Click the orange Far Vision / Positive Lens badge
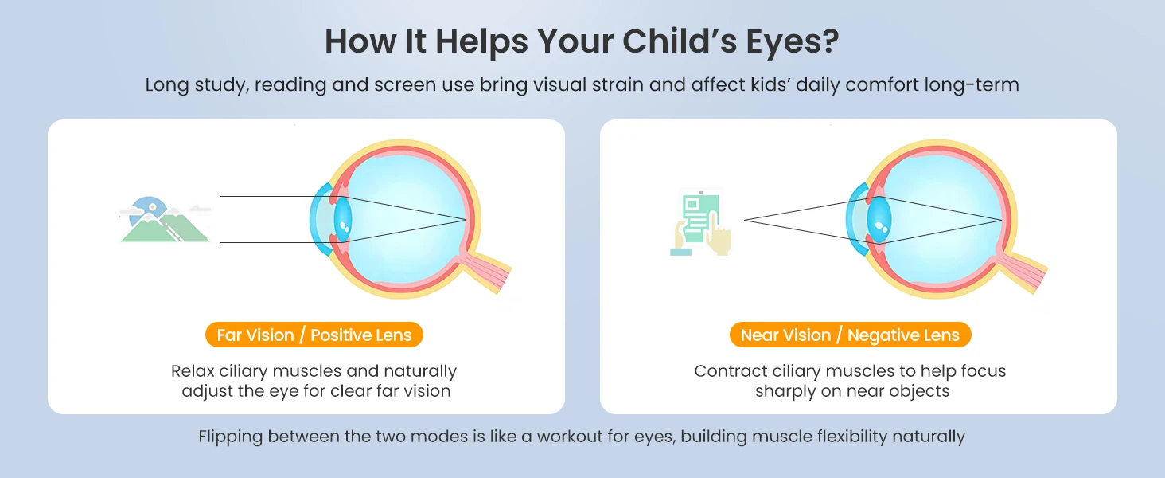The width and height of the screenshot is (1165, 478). click(314, 335)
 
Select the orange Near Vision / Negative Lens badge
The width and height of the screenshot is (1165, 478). click(851, 335)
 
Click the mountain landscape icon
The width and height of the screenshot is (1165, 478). click(166, 220)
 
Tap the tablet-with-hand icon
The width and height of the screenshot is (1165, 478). click(700, 223)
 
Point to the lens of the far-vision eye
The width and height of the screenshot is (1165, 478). click(343, 219)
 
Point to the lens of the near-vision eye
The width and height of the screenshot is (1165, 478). click(879, 219)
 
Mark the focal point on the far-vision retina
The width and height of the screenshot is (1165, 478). click(465, 220)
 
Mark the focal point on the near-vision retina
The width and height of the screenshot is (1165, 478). click(1001, 220)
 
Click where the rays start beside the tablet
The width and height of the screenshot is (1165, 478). click(745, 220)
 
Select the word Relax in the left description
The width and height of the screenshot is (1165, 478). click(193, 371)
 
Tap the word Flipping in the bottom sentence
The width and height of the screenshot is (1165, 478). click(231, 437)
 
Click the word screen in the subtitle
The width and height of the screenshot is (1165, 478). click(405, 85)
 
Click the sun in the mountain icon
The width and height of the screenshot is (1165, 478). click(152, 206)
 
